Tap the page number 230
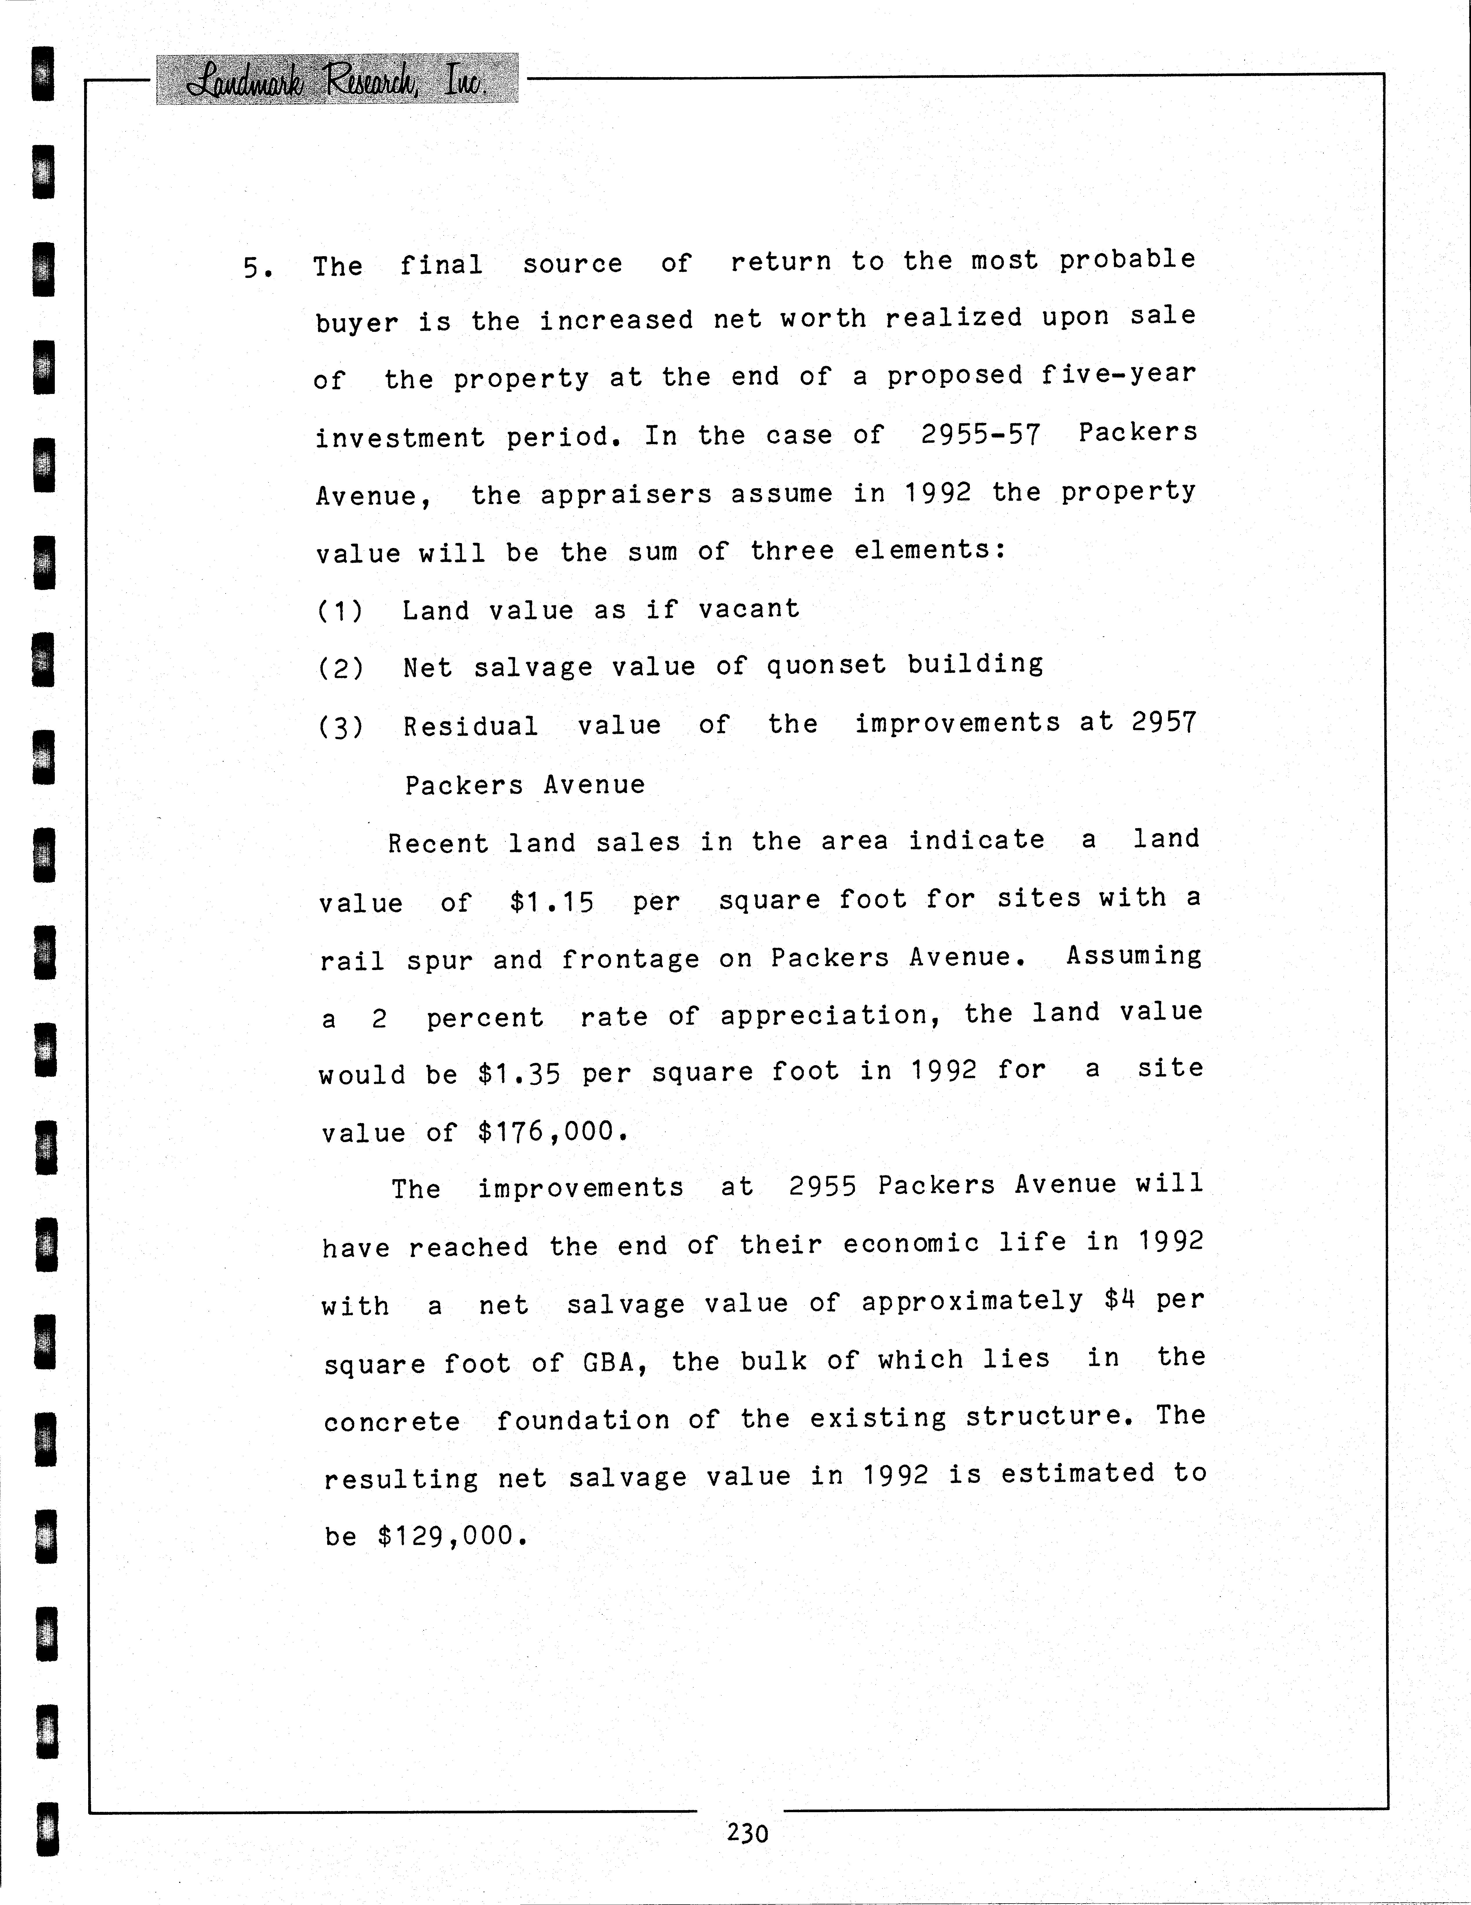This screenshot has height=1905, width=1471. [x=747, y=1832]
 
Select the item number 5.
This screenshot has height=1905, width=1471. [x=257, y=268]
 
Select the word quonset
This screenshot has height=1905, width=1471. [x=826, y=665]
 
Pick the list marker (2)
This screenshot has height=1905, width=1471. [x=340, y=668]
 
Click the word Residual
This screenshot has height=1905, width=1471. [x=470, y=726]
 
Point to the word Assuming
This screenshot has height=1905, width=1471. [x=1133, y=956]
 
